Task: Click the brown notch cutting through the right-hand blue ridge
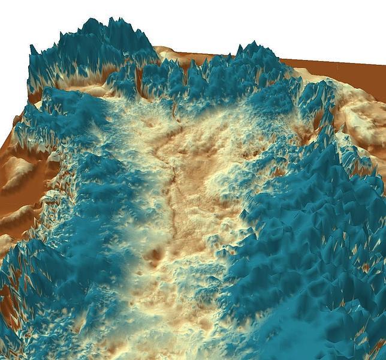pos(312,123)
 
